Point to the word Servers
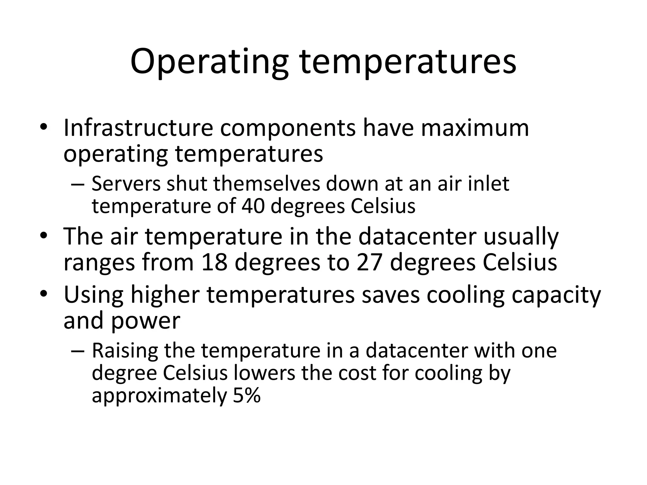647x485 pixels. pos(126,184)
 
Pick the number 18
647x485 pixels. pos(215,263)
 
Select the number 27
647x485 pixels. pos(370,263)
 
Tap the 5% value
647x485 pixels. pos(246,395)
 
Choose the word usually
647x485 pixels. pos(521,237)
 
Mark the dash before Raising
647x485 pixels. pos(78,351)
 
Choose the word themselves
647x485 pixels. pos(267,184)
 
